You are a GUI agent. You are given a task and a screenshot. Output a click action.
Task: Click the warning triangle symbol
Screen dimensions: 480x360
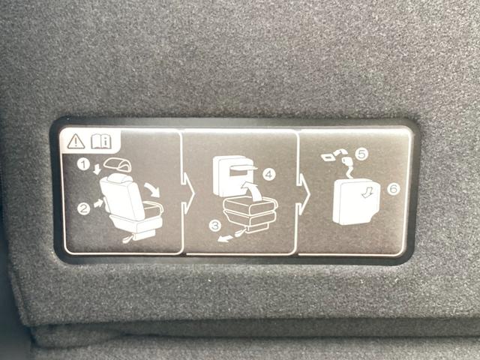click(76, 142)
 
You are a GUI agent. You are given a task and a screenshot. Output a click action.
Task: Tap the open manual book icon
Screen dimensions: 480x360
click(101, 142)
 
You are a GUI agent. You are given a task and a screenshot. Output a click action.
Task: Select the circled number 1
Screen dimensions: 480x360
click(83, 165)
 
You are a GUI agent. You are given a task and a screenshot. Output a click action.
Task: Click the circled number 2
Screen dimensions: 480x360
click(83, 209)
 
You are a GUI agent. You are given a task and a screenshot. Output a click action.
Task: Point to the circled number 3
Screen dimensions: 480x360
click(215, 226)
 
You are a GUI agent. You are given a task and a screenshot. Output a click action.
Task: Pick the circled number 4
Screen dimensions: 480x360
click(268, 175)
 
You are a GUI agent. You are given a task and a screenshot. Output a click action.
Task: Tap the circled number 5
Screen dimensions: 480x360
click(361, 154)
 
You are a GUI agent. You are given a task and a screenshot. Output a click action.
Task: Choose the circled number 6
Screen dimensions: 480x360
click(393, 188)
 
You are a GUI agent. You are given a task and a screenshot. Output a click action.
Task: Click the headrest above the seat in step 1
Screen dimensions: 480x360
click(117, 165)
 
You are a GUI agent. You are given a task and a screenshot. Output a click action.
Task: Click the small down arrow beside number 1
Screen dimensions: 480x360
click(97, 169)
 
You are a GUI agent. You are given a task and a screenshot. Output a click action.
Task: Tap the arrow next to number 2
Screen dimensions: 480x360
click(98, 203)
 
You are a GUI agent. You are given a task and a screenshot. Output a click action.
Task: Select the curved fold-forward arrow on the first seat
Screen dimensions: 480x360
click(153, 190)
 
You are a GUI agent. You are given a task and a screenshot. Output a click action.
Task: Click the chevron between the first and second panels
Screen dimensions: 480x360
click(187, 193)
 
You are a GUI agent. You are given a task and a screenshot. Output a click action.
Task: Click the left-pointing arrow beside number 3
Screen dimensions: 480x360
click(224, 238)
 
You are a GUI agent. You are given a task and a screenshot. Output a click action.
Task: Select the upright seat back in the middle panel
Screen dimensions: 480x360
click(232, 176)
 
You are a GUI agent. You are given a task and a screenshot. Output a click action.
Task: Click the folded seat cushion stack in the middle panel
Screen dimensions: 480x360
click(250, 214)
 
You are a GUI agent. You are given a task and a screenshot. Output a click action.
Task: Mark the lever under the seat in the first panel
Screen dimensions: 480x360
click(129, 238)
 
